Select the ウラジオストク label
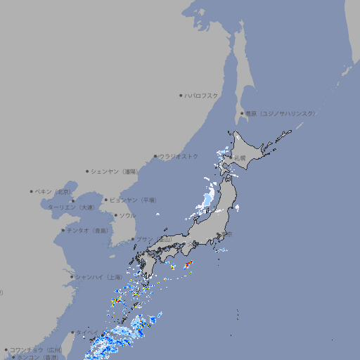179,156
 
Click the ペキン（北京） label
53,191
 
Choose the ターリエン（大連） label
70,207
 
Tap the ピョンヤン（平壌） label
134,200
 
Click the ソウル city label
127,215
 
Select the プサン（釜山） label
153,240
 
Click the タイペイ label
87,332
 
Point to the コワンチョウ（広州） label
36,349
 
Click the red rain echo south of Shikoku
188,264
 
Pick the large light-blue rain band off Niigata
207,193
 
